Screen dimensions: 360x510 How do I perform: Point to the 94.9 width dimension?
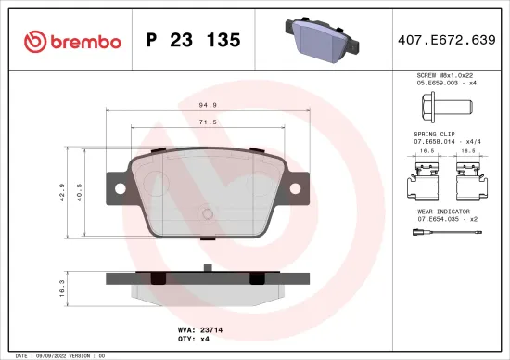point(209,105)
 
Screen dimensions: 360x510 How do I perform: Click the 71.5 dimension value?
point(209,122)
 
